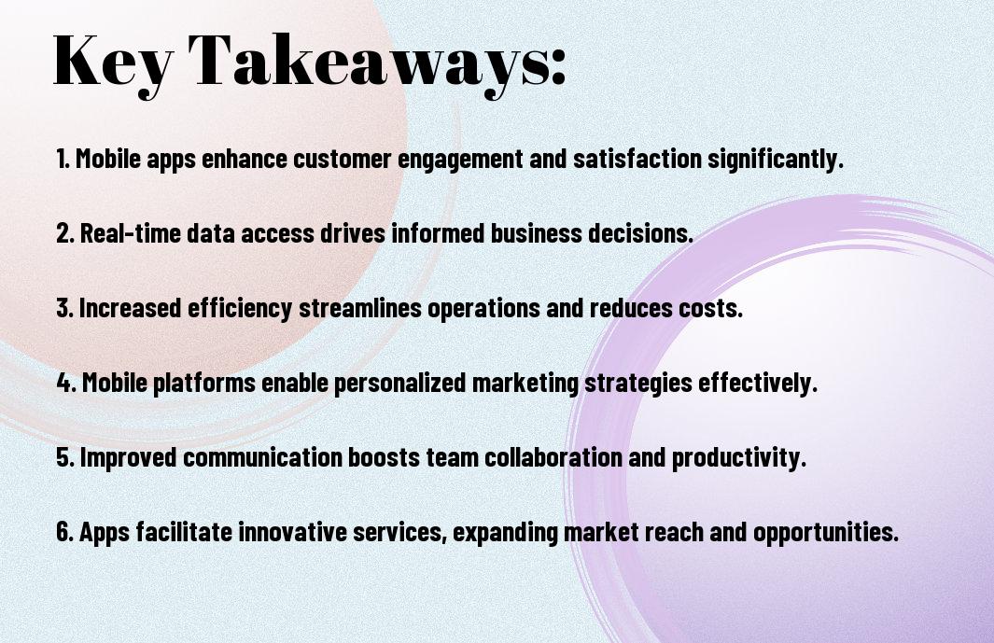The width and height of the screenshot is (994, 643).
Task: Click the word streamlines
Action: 360,308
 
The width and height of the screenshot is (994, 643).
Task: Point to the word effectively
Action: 757,383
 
